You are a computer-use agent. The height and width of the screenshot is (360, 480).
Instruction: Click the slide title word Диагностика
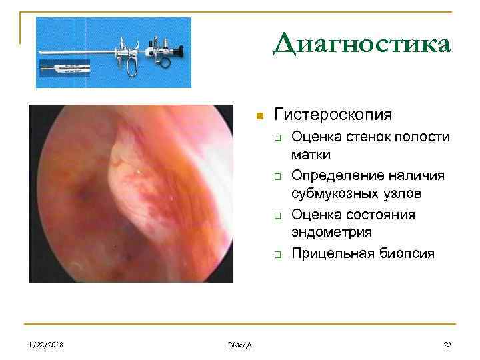[362, 45]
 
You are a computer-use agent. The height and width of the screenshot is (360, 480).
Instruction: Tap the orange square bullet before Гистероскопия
[261, 116]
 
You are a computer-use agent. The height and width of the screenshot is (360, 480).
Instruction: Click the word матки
[311, 154]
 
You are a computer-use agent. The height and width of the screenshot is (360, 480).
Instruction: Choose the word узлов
[403, 193]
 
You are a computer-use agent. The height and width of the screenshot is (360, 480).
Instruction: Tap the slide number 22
[447, 344]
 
